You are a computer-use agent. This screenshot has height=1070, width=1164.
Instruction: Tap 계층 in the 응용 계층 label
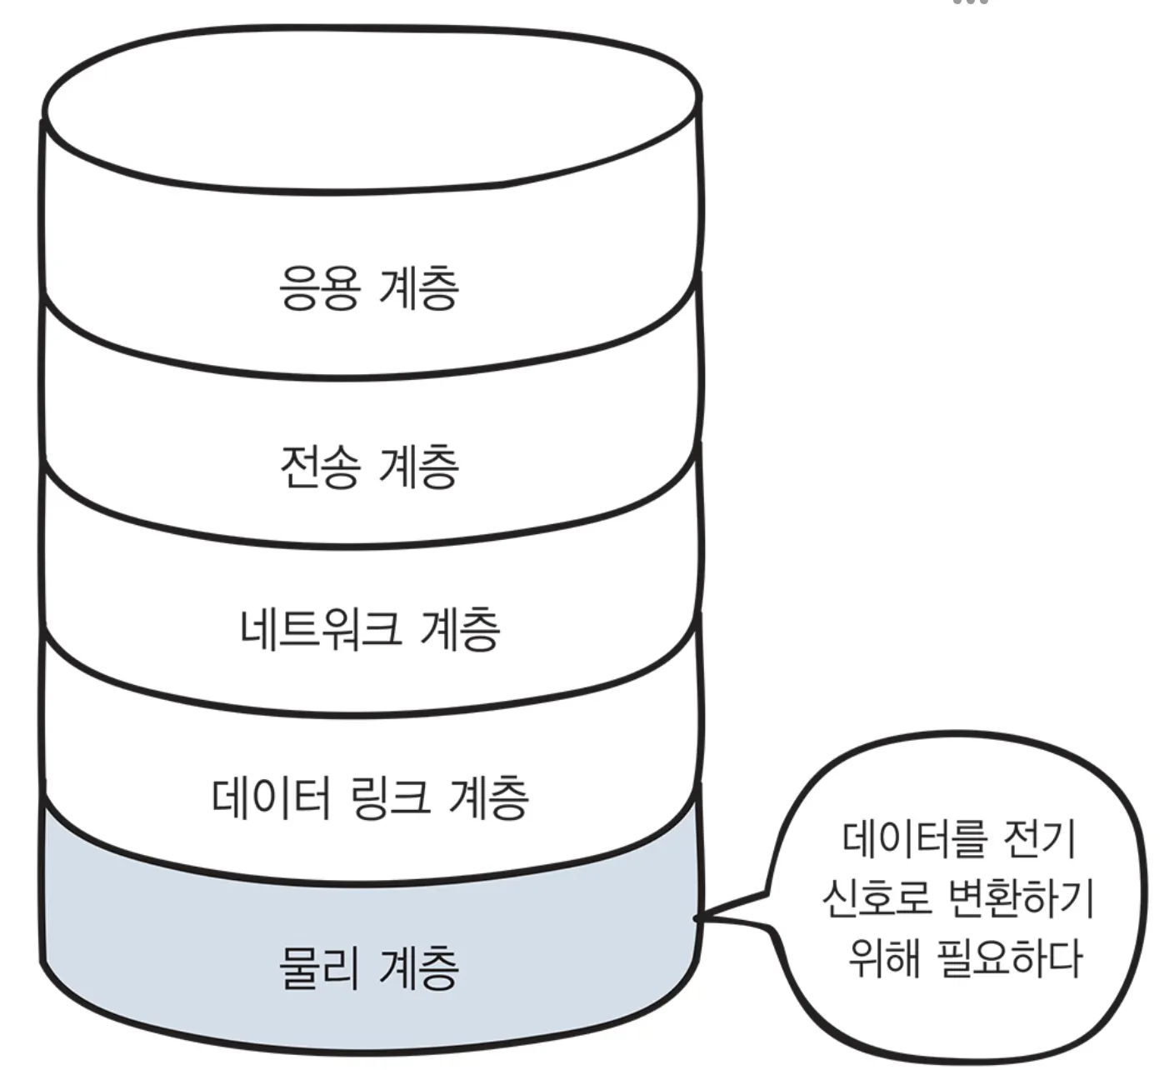pos(419,288)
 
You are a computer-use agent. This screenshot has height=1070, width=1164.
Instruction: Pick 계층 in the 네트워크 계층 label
pos(460,628)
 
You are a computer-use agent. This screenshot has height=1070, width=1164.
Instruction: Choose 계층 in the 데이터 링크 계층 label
pos(488,797)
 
